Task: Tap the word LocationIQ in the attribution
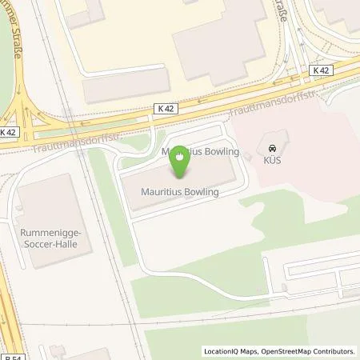coord(221,351)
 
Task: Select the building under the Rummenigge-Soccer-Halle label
coord(48,208)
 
